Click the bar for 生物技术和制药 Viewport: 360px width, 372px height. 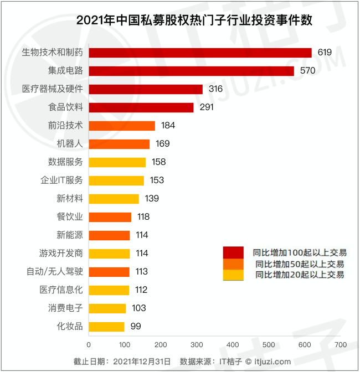point(200,53)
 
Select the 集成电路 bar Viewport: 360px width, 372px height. point(191,71)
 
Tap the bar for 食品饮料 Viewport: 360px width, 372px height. point(141,107)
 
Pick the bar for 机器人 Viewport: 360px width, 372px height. point(119,144)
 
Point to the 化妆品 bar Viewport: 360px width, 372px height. point(106,327)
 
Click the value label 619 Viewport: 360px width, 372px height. point(325,53)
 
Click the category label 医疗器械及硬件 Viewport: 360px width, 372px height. point(53,89)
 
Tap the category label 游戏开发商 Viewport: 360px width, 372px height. point(61,254)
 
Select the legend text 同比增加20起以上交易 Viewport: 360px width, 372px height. point(299,275)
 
